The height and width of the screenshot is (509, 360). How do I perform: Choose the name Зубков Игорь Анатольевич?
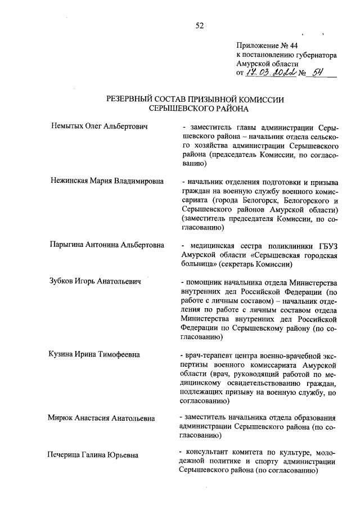click(x=94, y=281)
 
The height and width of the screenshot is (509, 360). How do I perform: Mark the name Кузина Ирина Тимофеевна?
click(x=93, y=354)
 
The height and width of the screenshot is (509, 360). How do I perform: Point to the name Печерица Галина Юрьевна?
click(x=93, y=454)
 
